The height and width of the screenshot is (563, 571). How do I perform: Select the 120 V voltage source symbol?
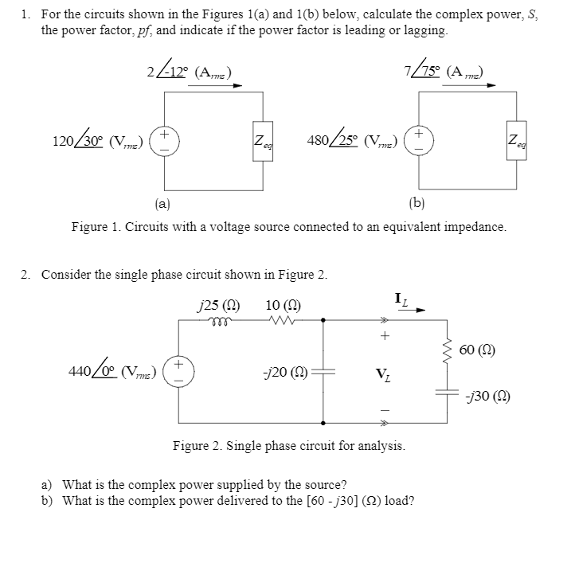click(165, 142)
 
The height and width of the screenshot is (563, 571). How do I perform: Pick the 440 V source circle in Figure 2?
click(178, 371)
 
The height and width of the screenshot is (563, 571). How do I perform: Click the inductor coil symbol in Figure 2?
click(215, 320)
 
